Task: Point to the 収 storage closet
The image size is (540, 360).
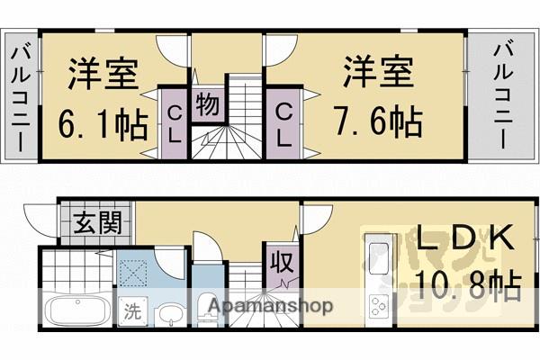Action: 277,264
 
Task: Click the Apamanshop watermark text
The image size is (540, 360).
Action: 270,306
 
